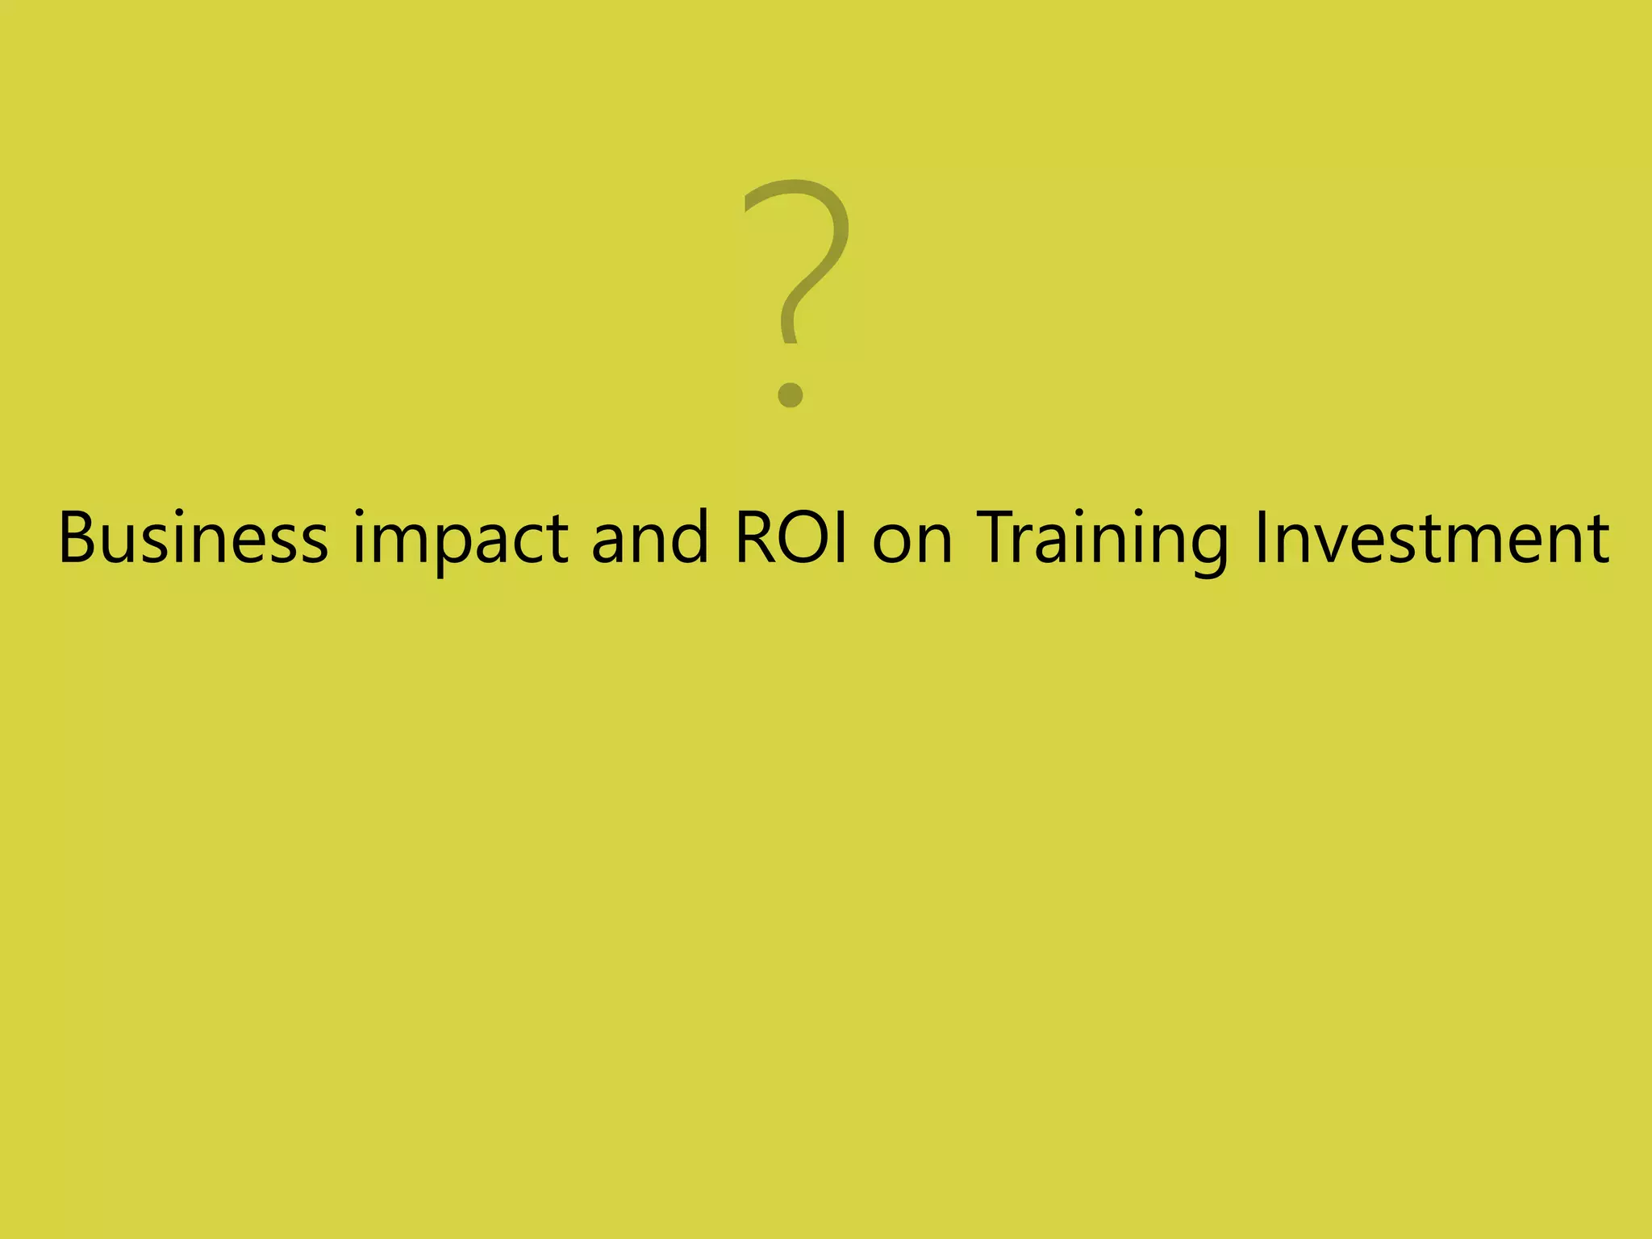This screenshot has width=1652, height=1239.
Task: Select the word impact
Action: pos(460,539)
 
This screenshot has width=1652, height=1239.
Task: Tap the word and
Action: pos(649,537)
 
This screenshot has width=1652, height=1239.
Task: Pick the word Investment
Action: pos(1433,537)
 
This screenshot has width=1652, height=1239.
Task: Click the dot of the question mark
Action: pos(791,394)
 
